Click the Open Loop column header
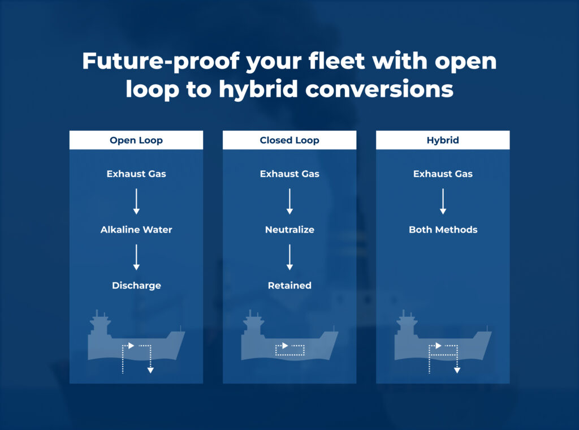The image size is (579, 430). click(x=136, y=140)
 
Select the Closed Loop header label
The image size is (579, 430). click(x=289, y=140)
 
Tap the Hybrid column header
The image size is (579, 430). click(x=443, y=140)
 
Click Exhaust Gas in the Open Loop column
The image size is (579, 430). click(x=136, y=174)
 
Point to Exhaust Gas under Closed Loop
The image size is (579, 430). click(x=289, y=174)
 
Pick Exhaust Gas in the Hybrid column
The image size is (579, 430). click(x=443, y=174)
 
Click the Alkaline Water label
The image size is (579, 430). click(x=136, y=229)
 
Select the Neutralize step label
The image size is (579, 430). click(x=289, y=229)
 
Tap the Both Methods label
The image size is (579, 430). click(x=443, y=229)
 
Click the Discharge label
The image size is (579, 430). click(x=136, y=285)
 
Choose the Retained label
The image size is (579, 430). click(x=289, y=285)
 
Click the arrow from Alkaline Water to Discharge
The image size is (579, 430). click(x=136, y=257)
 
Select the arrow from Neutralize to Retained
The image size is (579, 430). click(x=289, y=257)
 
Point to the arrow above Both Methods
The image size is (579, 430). click(x=443, y=201)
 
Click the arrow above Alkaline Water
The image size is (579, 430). click(x=136, y=201)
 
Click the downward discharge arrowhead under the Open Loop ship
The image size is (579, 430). click(x=150, y=370)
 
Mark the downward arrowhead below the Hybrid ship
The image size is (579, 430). click(x=457, y=370)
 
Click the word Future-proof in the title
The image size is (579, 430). click(x=161, y=61)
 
